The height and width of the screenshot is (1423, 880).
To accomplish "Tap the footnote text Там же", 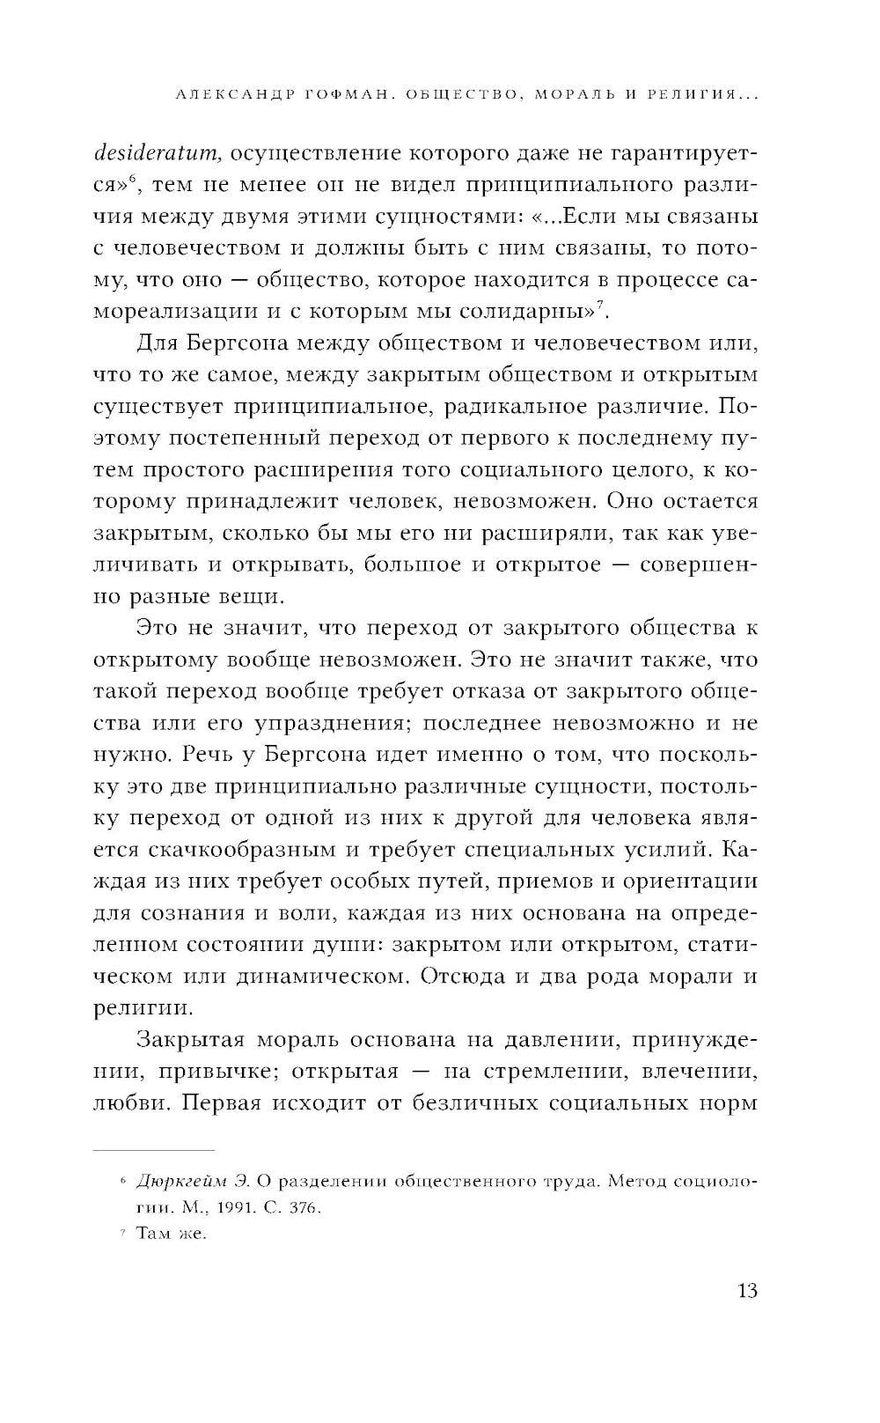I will pos(172,1233).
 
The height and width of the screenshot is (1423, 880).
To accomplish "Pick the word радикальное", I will pos(544,407).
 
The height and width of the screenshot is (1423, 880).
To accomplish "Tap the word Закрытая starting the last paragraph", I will pos(188,1040).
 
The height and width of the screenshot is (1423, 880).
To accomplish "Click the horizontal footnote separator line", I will pos(154,1150).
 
